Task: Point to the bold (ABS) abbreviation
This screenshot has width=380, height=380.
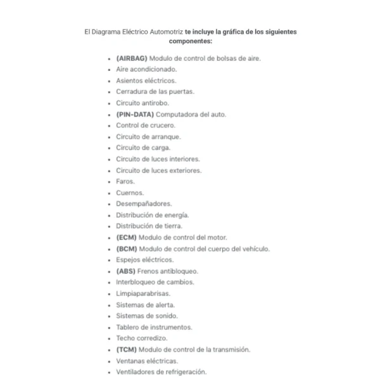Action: tap(126, 271)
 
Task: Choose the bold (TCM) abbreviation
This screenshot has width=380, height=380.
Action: tap(126, 350)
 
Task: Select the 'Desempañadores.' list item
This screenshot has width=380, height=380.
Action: tap(144, 204)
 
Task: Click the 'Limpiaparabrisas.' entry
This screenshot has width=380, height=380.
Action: tap(143, 294)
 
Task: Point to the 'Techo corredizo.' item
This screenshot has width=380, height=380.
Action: tap(142, 338)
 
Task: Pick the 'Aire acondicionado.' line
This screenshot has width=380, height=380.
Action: tap(146, 70)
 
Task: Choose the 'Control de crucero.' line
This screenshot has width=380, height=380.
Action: tap(146, 125)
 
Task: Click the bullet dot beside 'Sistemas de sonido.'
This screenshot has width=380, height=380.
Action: tap(110, 316)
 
